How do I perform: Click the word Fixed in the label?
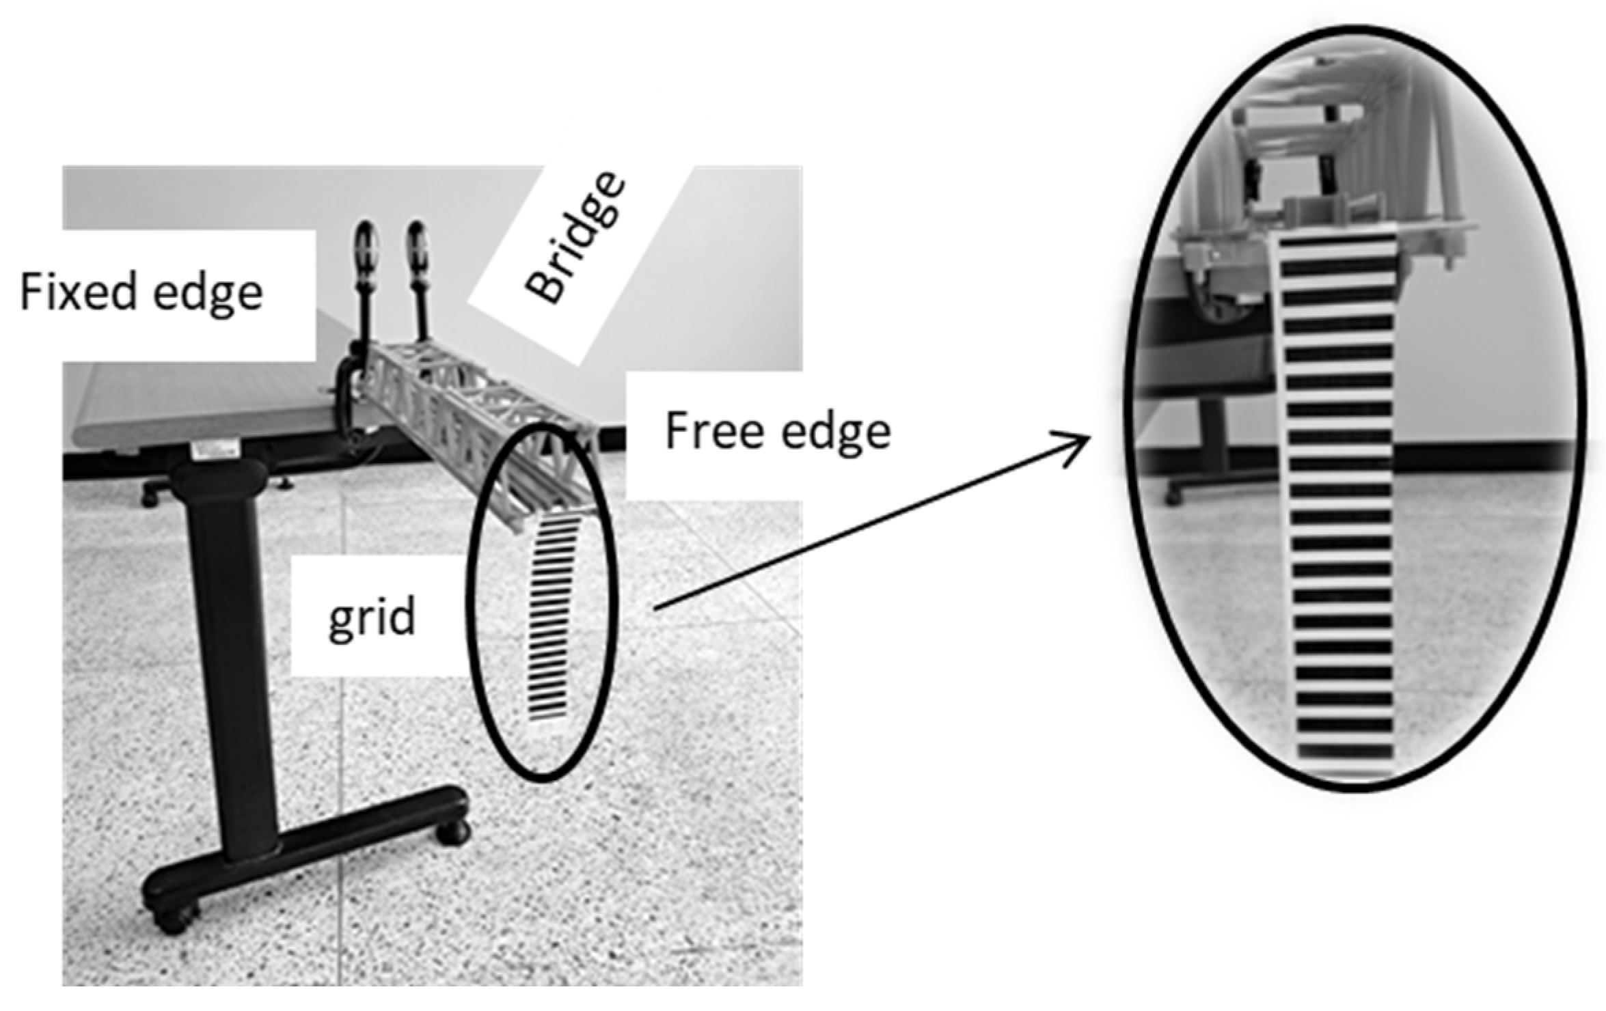tap(77, 292)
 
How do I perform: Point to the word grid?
tap(371, 618)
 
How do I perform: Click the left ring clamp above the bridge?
tap(367, 248)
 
